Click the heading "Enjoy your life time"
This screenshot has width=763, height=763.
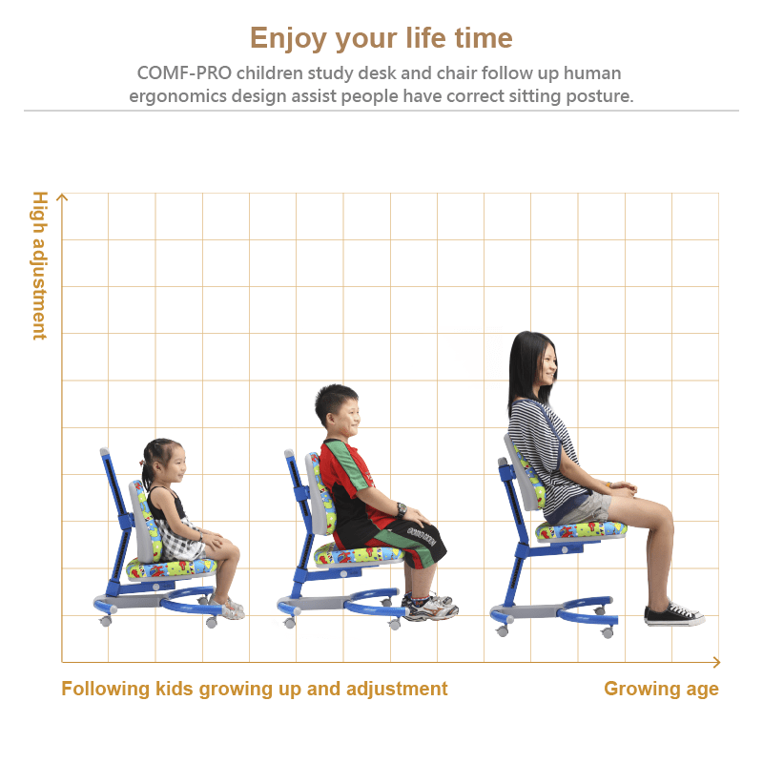pos(381,38)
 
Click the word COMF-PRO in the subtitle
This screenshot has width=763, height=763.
pos(184,73)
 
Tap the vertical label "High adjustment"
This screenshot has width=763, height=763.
pos(40,266)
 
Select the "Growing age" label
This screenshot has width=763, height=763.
pos(661,689)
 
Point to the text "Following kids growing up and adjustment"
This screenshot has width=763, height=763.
pos(254,689)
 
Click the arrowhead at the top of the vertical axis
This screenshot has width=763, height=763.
pos(62,196)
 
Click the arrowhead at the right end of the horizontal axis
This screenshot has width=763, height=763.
pos(716,662)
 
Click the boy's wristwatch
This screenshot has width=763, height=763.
pos(402,509)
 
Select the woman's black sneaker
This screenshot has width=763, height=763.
pos(673,614)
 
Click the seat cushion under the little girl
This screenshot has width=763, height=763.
pos(171,568)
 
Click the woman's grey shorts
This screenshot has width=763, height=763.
pos(587,508)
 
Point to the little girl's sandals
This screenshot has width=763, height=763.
pos(229,608)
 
